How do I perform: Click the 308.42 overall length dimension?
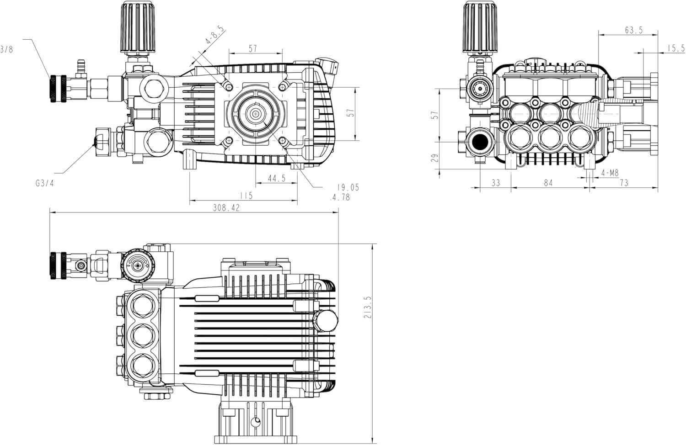click(x=226, y=208)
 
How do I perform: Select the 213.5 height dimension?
click(x=368, y=307)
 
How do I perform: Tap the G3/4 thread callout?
click(x=45, y=184)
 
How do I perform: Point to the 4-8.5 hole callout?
click(x=215, y=36)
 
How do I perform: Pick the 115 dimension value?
click(x=246, y=196)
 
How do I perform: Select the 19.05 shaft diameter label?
click(x=348, y=187)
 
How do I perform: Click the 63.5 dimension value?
click(x=633, y=30)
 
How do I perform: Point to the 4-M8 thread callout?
click(x=610, y=173)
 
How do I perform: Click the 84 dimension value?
click(x=548, y=183)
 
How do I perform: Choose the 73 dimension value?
click(x=624, y=183)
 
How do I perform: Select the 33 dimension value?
click(x=495, y=183)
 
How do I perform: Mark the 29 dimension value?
click(x=435, y=158)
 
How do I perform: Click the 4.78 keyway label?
click(x=340, y=197)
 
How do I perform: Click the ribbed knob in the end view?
click(x=480, y=27)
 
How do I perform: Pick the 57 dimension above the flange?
click(x=252, y=48)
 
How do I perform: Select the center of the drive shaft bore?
click(x=255, y=114)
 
